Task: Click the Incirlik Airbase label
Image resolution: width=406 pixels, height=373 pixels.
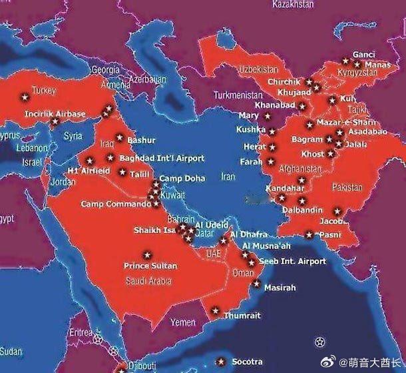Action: (55, 114)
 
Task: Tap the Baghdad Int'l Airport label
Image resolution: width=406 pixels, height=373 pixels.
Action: (162, 159)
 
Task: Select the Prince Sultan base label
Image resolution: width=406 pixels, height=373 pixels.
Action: (150, 266)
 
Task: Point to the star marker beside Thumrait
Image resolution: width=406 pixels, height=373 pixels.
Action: (214, 310)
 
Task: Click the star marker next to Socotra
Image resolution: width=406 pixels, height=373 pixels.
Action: (221, 362)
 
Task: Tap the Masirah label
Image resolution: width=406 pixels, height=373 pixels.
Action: (280, 288)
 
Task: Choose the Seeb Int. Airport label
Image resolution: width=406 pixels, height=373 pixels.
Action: (292, 261)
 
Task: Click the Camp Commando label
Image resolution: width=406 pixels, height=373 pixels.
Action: (112, 204)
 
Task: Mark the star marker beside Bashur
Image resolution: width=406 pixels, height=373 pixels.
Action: (120, 139)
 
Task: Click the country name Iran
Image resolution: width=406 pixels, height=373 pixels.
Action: (228, 177)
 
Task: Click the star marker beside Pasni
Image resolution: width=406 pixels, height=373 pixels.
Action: (309, 234)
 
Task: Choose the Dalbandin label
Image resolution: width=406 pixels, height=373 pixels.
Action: (303, 210)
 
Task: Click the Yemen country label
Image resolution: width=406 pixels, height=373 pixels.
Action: (183, 322)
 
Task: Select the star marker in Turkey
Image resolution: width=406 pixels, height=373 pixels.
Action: (26, 97)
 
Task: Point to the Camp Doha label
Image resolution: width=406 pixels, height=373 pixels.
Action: (182, 179)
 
